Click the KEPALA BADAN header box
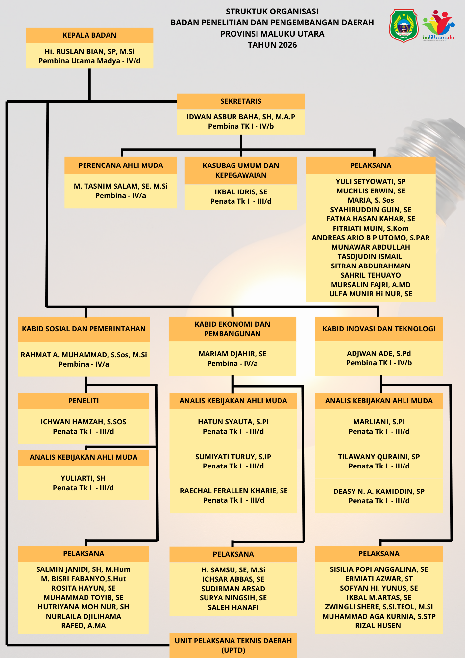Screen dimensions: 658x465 pyautogui.click(x=89, y=35)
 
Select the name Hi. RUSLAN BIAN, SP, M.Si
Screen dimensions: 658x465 pyautogui.click(x=89, y=51)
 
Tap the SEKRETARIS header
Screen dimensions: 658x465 pyautogui.click(x=241, y=101)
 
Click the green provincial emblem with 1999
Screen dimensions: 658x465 pyautogui.click(x=404, y=26)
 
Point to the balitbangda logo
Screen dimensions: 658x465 pyautogui.click(x=438, y=26)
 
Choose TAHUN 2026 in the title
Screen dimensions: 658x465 pyautogui.click(x=272, y=45)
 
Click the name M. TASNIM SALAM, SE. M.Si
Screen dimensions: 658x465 pyautogui.click(x=121, y=186)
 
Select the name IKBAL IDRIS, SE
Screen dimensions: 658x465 pyautogui.click(x=241, y=192)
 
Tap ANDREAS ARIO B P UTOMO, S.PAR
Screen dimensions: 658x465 pyautogui.click(x=371, y=238)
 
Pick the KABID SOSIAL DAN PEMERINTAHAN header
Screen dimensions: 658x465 pyautogui.click(x=84, y=329)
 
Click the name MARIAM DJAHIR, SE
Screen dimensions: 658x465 pyautogui.click(x=232, y=354)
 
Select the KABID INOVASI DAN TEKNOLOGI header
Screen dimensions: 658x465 pyautogui.click(x=379, y=329)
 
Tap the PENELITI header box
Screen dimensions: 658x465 pyautogui.click(x=84, y=401)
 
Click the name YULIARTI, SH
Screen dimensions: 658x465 pyautogui.click(x=83, y=478)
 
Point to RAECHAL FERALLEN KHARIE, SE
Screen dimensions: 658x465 pyautogui.click(x=233, y=491)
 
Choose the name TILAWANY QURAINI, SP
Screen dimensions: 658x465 pyautogui.click(x=379, y=457)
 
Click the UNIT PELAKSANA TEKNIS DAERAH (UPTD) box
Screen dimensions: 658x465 pyautogui.click(x=233, y=645)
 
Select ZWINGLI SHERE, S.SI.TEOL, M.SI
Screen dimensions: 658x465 pyautogui.click(x=379, y=607)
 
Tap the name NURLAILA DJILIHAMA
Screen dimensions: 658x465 pyautogui.click(x=84, y=616)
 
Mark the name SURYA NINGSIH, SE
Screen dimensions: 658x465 pyautogui.click(x=233, y=598)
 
